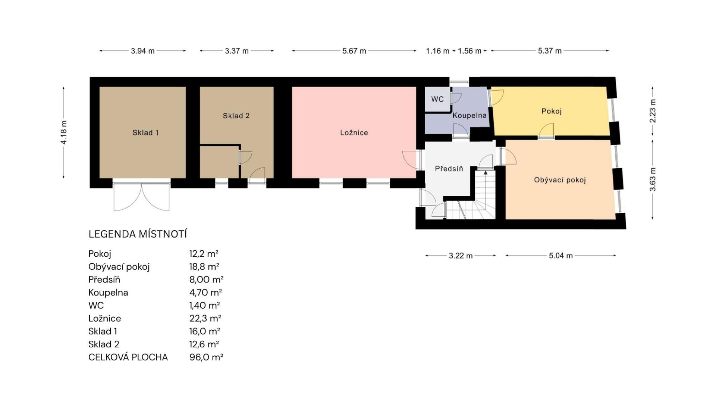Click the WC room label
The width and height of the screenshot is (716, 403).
coord(437,99)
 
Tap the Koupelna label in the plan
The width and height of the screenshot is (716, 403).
coord(470,116)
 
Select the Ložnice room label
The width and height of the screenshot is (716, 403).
coord(354,132)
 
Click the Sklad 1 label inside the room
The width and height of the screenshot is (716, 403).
coord(145,132)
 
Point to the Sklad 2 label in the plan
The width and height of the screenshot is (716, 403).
coord(236,116)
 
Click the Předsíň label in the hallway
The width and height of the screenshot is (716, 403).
coord(449,169)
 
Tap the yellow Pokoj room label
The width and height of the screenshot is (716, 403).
coord(552,111)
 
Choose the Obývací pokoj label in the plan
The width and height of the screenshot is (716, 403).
coord(560,180)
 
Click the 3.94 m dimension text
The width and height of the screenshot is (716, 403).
coord(142,51)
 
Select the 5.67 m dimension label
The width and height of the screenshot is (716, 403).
coord(354,51)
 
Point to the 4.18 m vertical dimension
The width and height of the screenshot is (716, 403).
coord(64,132)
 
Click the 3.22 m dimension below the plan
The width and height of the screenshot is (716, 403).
coord(461,256)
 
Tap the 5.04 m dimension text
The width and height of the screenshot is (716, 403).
coord(560,256)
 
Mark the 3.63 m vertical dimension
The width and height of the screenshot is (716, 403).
coord(653,179)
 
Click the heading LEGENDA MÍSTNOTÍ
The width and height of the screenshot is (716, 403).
coord(138,234)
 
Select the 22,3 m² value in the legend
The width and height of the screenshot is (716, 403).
coord(205,318)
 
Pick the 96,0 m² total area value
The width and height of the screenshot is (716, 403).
coord(206,357)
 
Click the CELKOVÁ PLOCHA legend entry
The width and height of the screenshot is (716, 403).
coord(128,357)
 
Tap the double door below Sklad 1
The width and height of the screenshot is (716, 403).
coord(142,197)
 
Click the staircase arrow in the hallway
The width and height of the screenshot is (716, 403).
coord(486,173)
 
